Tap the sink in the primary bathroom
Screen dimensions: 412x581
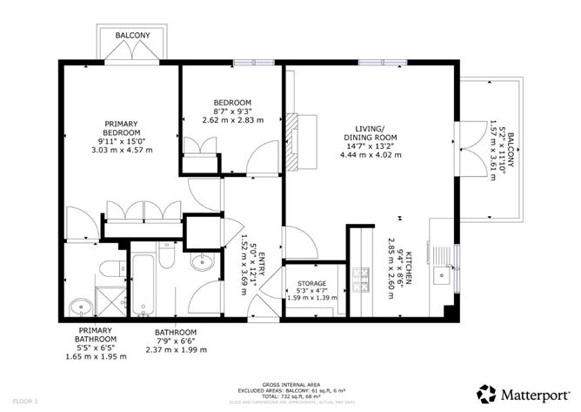[78, 305]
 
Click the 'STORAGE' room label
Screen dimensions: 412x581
[311, 284]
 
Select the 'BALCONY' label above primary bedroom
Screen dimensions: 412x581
[133, 35]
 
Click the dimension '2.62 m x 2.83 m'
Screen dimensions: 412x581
[232, 121]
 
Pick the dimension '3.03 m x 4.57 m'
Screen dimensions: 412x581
[123, 150]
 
